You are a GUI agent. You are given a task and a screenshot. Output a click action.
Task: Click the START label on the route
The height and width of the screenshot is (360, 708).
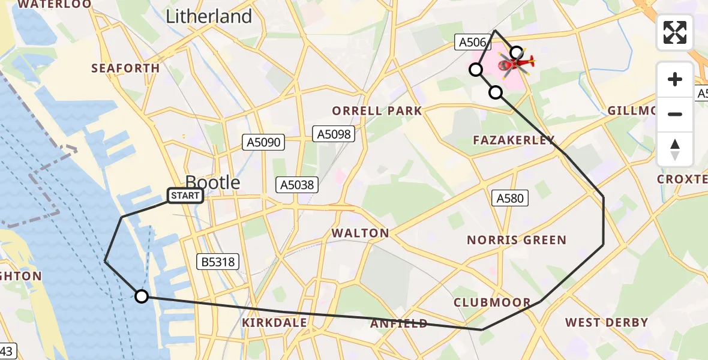[x=185, y=196]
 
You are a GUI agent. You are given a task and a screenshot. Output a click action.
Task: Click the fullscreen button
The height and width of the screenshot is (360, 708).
[x=675, y=32]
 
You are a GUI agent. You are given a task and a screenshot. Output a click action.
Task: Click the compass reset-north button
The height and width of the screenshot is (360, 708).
[x=675, y=150]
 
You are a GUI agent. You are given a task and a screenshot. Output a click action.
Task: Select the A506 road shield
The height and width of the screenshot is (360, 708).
[x=472, y=41]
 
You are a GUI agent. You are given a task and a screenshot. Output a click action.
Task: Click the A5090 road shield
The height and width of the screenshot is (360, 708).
[x=264, y=142]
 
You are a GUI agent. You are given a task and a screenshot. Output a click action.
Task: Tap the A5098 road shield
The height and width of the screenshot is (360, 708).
[x=334, y=134]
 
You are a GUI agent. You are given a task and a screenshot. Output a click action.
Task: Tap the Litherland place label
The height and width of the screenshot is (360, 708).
[x=209, y=16]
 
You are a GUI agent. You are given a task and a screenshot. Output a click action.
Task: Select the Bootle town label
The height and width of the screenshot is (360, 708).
[x=212, y=182]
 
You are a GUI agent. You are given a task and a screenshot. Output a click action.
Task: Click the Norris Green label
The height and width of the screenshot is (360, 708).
[x=517, y=241]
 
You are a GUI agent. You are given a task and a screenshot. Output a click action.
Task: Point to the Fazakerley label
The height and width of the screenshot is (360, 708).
[x=514, y=140]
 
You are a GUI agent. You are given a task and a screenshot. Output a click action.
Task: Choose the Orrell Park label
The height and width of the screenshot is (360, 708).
[x=377, y=111]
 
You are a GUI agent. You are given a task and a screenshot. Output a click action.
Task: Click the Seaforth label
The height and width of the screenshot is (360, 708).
[x=125, y=68]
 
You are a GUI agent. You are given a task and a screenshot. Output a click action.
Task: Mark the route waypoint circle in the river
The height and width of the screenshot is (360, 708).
[x=141, y=296]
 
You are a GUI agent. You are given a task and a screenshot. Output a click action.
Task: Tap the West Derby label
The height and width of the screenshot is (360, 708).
[x=607, y=323]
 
